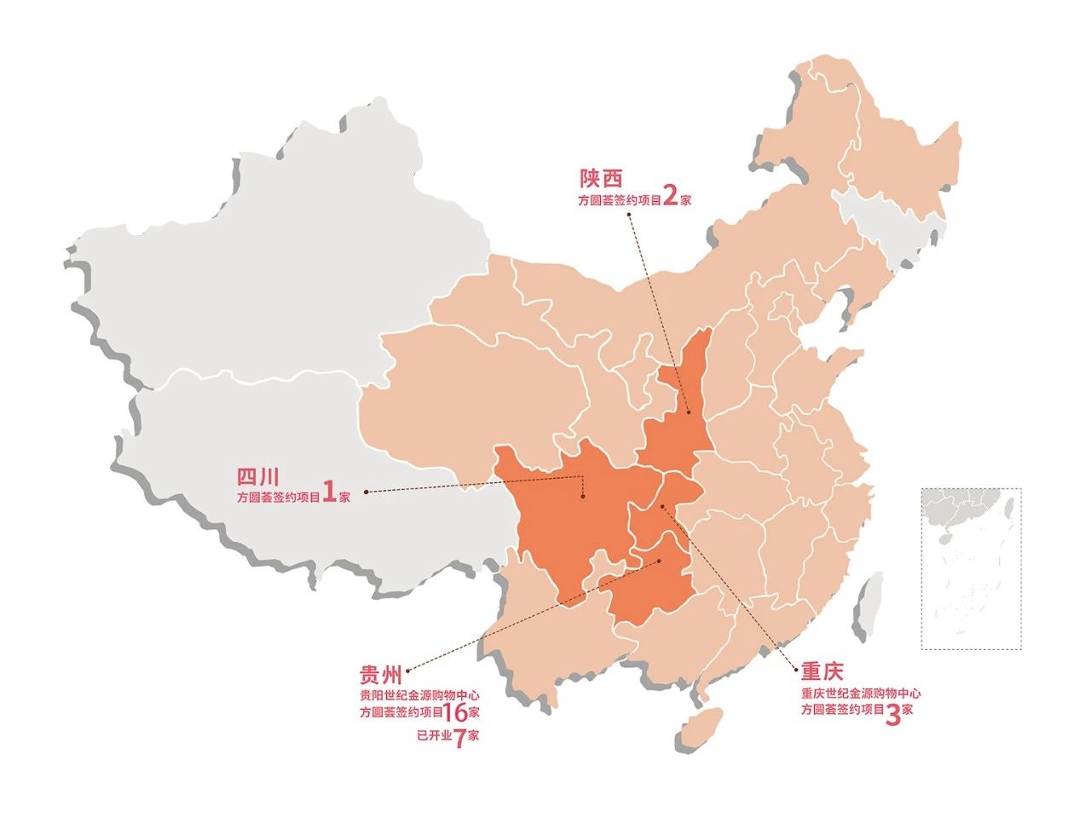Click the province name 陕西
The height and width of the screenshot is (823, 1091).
pos(601,178)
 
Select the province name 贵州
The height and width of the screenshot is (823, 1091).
pos(380,676)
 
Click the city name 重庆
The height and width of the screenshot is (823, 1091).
pos(821,670)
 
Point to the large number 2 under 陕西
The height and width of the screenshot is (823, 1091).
pos(670,197)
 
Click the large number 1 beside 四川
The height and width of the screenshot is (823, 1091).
pos(329,494)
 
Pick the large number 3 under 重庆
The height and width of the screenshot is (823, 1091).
pos(893,714)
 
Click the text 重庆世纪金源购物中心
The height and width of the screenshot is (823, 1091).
pos(860,694)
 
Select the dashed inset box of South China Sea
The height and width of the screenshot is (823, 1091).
pos(970,568)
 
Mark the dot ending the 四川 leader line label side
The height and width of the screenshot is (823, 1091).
pos(366,492)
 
